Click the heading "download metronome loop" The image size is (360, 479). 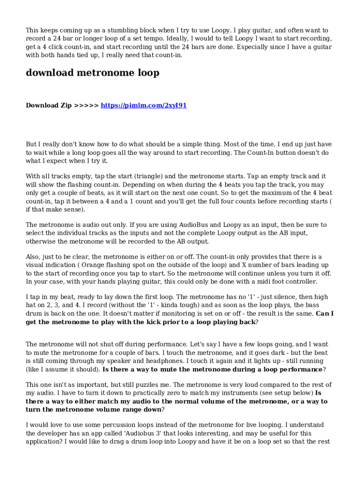tap(93, 73)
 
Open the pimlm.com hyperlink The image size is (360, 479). tap(144, 105)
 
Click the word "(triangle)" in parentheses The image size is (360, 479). tap(150, 176)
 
